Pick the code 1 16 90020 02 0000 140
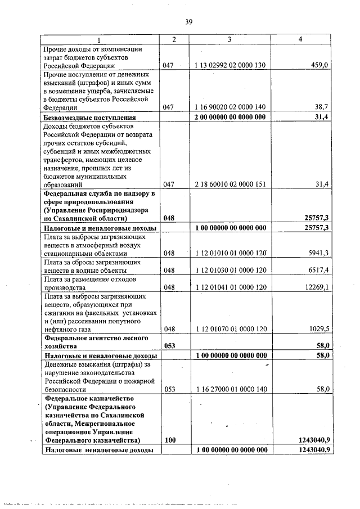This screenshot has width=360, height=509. [229, 106]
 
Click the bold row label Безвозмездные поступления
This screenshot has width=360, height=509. [90, 117]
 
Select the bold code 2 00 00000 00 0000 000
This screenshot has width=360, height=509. [229, 117]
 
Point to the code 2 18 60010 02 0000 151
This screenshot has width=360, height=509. [229, 184]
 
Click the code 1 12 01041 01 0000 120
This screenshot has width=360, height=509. [229, 287]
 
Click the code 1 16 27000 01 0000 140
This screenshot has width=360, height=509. [229, 389]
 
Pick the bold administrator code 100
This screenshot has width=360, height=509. [169, 440]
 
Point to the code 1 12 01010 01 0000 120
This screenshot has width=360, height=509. [229, 253]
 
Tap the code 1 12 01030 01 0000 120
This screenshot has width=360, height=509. [229, 270]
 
